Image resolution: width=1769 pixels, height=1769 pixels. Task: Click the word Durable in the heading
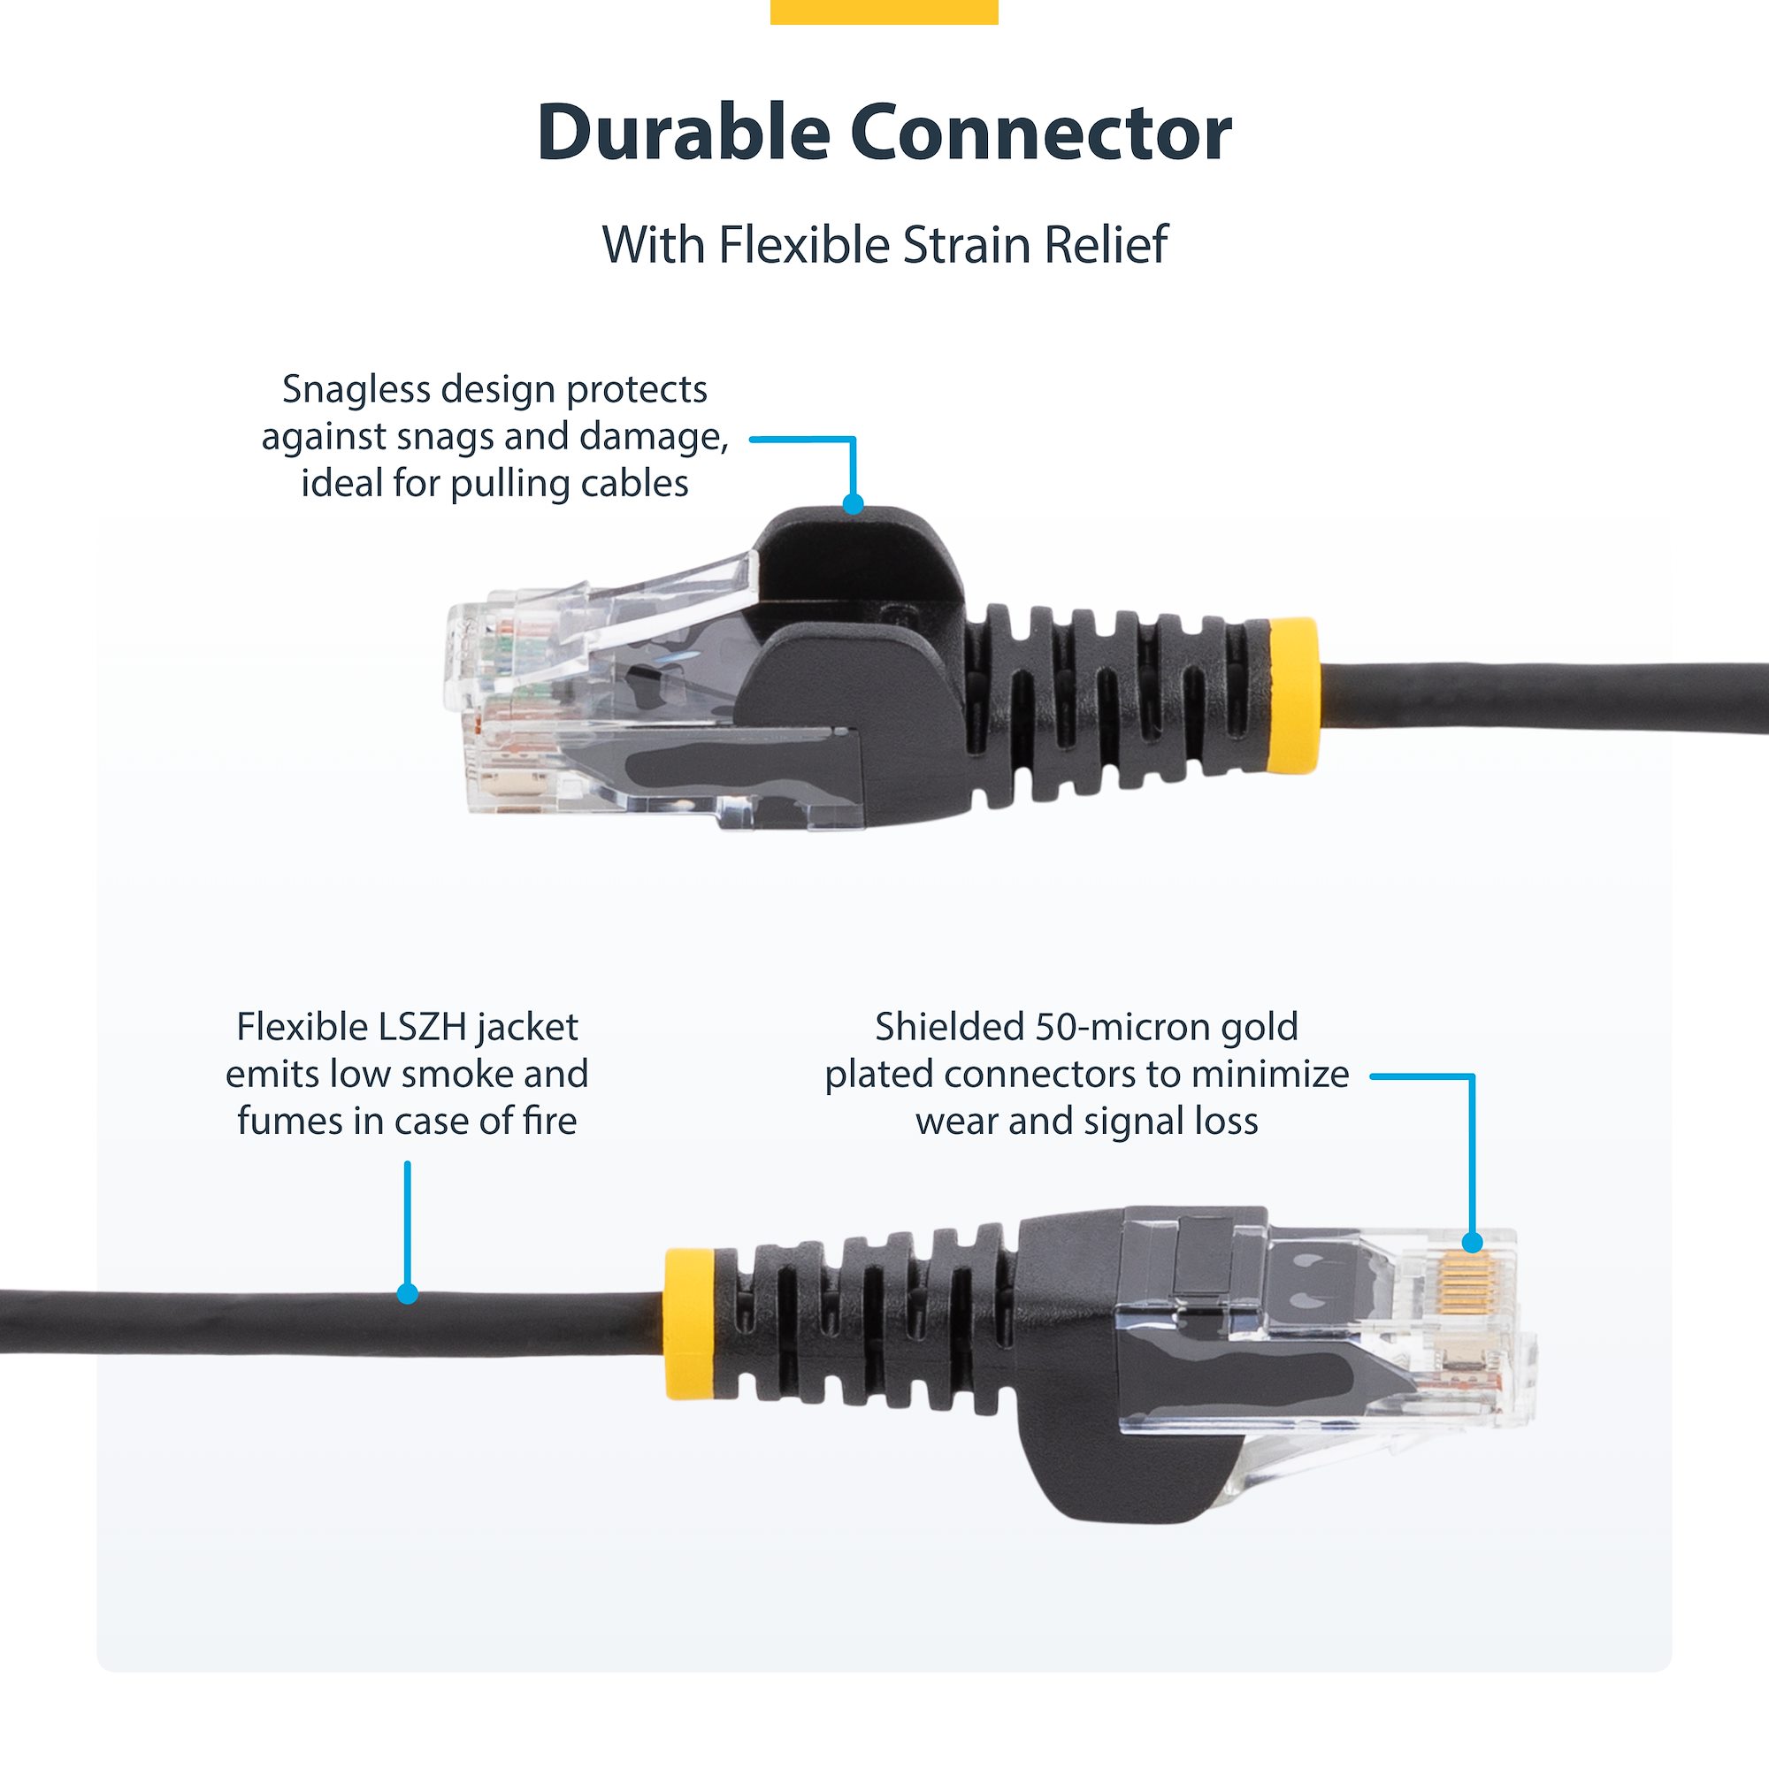click(x=682, y=134)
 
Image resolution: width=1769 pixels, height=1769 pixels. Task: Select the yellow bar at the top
click(x=884, y=11)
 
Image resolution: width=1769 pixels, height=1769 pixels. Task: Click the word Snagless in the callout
click(x=356, y=389)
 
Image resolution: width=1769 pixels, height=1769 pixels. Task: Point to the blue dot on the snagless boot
click(x=853, y=503)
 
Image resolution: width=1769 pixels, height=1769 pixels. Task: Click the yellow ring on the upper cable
click(x=1293, y=696)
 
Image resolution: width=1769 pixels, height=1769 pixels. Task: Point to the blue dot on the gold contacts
click(x=1473, y=1243)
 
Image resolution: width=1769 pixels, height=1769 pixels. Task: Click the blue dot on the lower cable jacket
click(x=408, y=1294)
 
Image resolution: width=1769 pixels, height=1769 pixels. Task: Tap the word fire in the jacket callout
click(x=550, y=1121)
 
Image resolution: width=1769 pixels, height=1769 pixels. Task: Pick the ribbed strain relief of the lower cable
click(x=861, y=1319)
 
